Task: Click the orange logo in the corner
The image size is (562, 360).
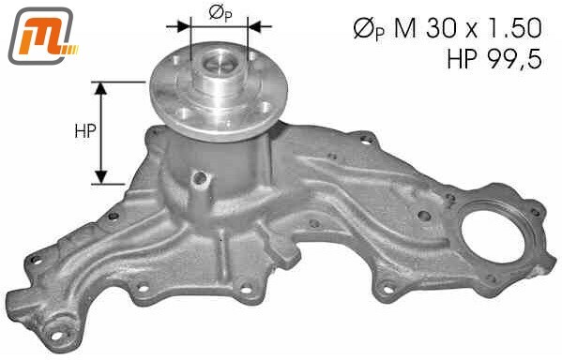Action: [42, 36]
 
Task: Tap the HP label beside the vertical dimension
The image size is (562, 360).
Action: [85, 131]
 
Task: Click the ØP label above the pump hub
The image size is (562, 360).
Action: [220, 14]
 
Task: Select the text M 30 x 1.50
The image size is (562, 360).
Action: [468, 29]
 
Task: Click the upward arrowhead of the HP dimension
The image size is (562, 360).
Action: [101, 88]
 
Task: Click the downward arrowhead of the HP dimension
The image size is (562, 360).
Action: [101, 178]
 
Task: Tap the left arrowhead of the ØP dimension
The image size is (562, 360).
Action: [183, 26]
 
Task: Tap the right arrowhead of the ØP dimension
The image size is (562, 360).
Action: [255, 26]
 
